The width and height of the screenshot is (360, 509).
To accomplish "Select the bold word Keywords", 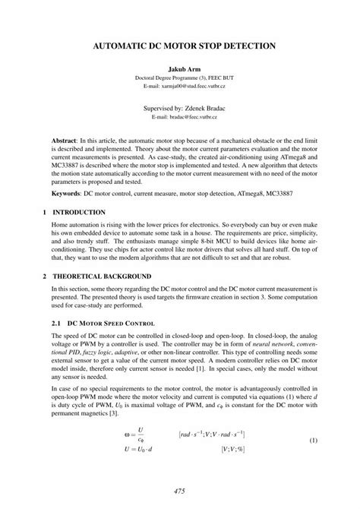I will [x=68, y=194].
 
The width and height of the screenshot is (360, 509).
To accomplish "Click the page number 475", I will [x=179, y=492].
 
